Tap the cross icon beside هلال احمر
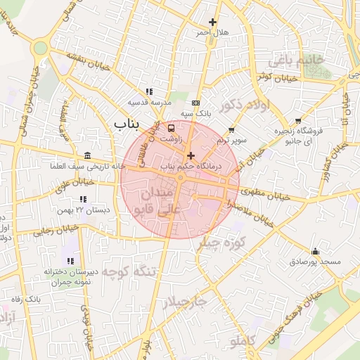click(x=213, y=22)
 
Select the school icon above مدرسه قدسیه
click(x=148, y=91)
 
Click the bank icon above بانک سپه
click(x=195, y=103)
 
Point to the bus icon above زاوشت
click(x=171, y=129)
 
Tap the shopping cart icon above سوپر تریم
click(x=232, y=130)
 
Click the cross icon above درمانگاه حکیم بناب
click(x=191, y=155)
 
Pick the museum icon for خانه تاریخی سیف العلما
click(x=86, y=155)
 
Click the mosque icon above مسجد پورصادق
click(x=315, y=251)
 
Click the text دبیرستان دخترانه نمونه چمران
click(x=48, y=275)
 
